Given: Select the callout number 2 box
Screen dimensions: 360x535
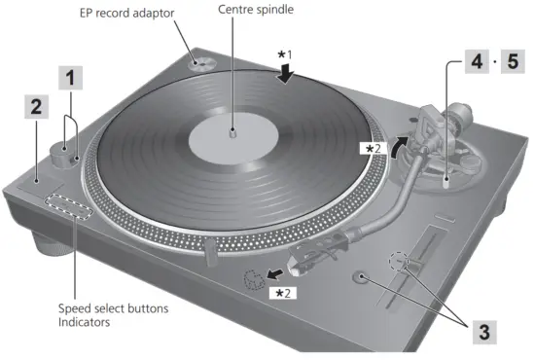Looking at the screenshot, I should pos(35,108).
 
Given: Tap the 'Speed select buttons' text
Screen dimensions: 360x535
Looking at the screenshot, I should pos(113,308).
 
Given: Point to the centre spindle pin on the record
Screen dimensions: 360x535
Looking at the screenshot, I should pos(232,128).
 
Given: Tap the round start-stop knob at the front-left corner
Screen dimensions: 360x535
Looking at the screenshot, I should pos(61,155).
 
